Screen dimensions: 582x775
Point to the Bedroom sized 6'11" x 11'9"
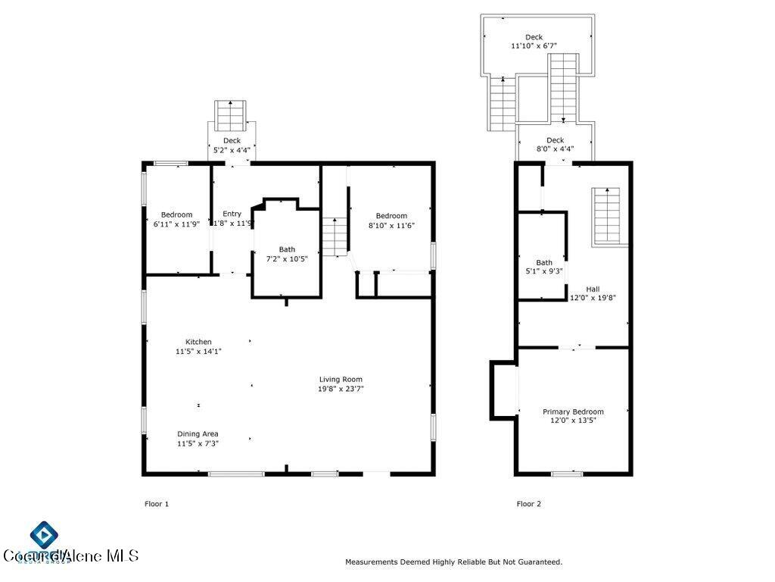pos(176,219)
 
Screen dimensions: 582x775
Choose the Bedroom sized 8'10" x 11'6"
pos(391,220)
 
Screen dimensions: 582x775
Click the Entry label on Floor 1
pos(232,214)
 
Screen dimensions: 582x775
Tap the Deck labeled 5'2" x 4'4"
pos(232,145)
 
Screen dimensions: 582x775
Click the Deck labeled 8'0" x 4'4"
pos(555,144)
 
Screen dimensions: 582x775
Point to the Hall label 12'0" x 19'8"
pos(593,293)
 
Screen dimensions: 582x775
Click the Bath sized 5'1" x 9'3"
pos(544,267)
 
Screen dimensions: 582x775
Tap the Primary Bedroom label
pos(573,415)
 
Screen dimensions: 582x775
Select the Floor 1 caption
pos(157,503)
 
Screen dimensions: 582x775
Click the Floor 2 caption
pos(529,503)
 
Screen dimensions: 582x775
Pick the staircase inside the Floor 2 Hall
pos(610,215)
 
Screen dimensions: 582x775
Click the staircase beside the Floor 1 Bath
pos(335,236)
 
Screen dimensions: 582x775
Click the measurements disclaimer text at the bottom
pos(453,562)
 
